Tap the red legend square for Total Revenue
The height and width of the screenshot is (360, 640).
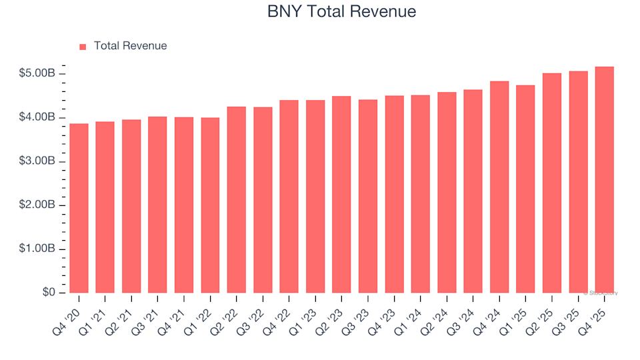point(83,47)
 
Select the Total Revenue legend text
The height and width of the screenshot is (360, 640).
point(130,46)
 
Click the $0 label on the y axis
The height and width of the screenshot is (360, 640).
point(49,293)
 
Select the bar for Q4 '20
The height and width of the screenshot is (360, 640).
point(79,208)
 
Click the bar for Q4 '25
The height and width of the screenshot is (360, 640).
point(605,180)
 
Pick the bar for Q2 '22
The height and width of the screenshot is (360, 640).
point(237,200)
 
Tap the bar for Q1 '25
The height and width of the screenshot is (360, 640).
point(525,189)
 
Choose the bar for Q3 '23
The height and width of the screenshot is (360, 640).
point(368,197)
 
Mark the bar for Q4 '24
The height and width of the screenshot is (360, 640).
point(499,187)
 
